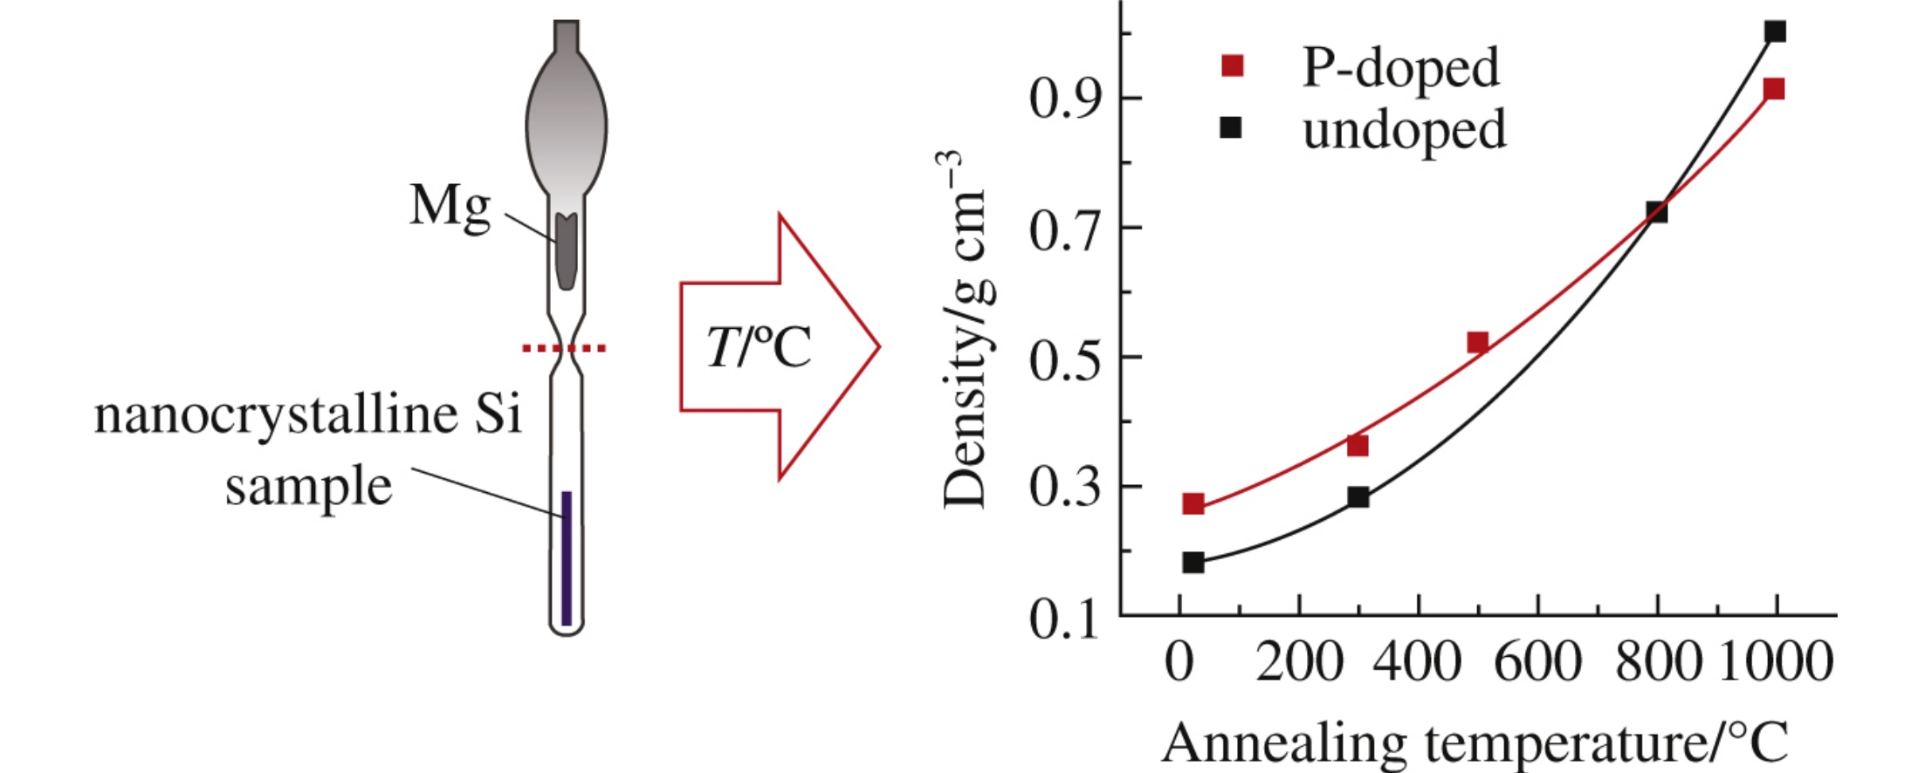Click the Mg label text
450,206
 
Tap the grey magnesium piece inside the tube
566,251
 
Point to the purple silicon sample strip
567,558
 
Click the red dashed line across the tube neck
564,349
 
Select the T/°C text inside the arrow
758,347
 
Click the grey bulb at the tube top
566,122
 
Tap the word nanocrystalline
276,414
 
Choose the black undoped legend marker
1230,128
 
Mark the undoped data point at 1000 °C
1775,32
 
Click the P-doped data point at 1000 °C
1773,89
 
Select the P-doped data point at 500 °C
1477,342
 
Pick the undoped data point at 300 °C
1358,497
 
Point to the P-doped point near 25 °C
1193,503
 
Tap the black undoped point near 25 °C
1193,562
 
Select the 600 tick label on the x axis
1537,663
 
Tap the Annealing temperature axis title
1475,743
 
